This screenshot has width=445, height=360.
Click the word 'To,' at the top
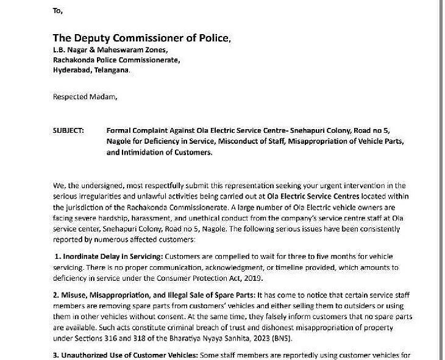58,11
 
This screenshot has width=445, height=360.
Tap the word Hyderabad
72,70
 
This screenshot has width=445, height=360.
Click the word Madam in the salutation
104,97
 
